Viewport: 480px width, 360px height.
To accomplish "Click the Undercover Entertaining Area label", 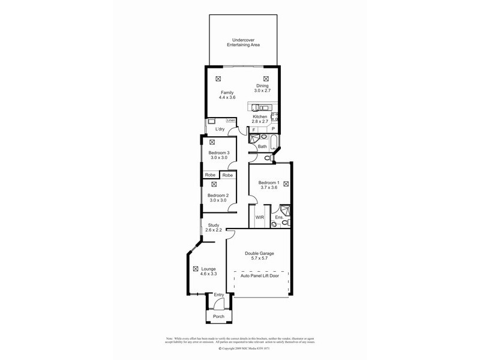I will [x=243, y=43].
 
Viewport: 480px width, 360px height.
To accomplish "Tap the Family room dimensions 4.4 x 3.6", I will [x=227, y=98].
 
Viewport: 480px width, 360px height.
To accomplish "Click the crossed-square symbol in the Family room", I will [x=218, y=79].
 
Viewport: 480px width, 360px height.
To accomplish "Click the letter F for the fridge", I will [x=254, y=130].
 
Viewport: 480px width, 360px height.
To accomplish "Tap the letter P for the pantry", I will [x=273, y=130].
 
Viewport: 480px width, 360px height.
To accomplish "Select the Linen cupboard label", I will [x=231, y=121].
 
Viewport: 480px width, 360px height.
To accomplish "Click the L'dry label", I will [x=219, y=130].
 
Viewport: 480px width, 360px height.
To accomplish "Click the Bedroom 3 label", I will [x=219, y=153].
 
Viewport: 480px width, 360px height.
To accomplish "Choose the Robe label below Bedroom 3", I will [x=209, y=175].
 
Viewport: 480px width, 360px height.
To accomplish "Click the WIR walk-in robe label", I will [x=260, y=217].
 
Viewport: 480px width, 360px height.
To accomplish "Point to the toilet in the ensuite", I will [x=275, y=224].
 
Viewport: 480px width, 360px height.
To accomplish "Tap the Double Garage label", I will [x=260, y=254].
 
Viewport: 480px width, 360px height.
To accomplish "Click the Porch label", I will [x=218, y=316].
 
